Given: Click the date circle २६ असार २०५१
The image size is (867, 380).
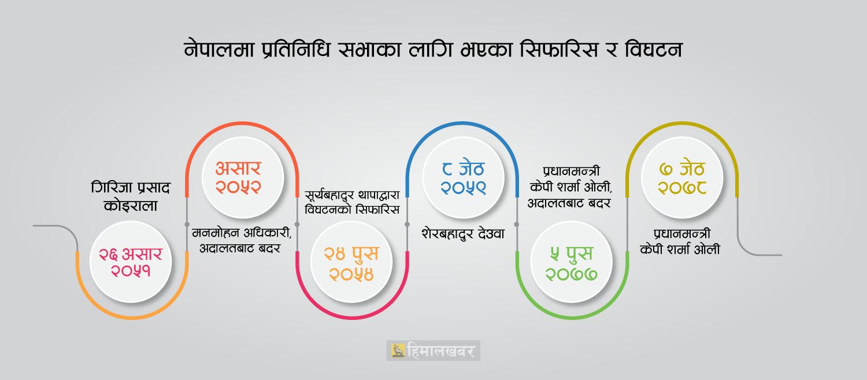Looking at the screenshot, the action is click(131, 262).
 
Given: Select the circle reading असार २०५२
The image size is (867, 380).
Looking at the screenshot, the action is click(243, 177).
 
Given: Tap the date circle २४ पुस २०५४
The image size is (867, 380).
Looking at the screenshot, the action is click(351, 262).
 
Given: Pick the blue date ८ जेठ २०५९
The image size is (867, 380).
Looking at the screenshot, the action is click(463, 177).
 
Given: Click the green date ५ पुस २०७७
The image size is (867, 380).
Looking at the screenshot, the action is click(571, 262).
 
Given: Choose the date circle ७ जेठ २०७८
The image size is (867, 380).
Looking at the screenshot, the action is click(682, 177).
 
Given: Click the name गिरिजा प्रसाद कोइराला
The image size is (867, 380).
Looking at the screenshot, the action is click(131, 196).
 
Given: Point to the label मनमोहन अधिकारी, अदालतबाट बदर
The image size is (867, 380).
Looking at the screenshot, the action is click(242, 240).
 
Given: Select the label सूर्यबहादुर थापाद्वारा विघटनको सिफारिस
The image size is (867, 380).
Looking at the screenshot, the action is click(352, 202).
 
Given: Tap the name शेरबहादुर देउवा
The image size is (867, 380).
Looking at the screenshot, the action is click(463, 234).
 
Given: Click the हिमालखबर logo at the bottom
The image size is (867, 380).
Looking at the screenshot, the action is click(433, 351).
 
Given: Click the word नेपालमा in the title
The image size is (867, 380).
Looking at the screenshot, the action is click(218, 50).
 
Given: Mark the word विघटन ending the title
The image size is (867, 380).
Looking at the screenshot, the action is click(653, 50).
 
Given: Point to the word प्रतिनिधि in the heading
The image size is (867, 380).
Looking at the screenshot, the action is click(296, 50).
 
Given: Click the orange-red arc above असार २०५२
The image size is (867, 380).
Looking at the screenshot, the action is click(242, 124).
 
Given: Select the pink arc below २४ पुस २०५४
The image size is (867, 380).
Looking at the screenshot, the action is click(352, 318).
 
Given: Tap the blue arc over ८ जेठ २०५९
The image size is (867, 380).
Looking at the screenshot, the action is click(462, 124).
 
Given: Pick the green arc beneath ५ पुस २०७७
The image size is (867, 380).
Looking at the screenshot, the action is click(572, 318).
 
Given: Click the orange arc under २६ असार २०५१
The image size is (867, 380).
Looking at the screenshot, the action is click(132, 318).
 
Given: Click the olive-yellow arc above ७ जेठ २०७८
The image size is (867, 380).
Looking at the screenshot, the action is click(682, 124).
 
